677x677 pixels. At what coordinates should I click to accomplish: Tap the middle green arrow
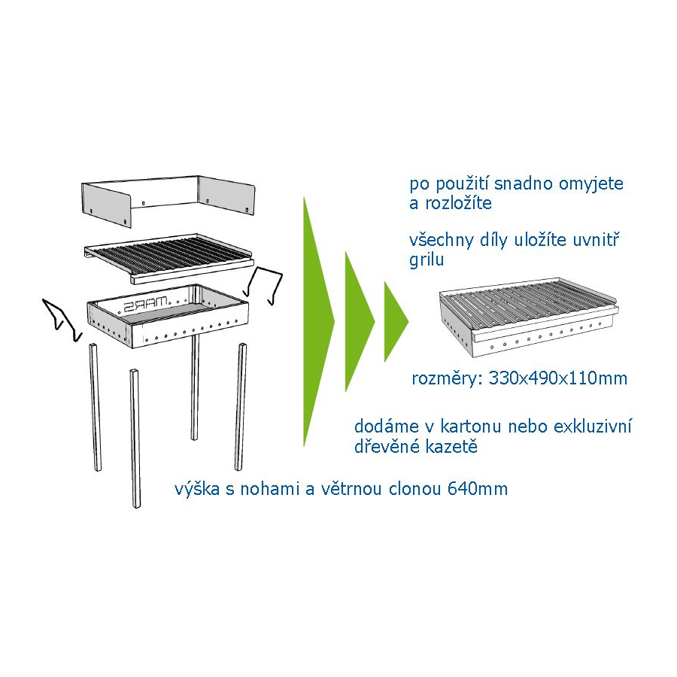click(x=357, y=322)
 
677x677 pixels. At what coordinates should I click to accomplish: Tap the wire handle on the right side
click(x=264, y=285)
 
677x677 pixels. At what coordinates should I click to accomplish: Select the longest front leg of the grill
click(x=135, y=439)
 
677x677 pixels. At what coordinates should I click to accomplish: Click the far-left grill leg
click(x=96, y=407)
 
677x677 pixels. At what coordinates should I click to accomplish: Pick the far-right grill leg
click(x=241, y=407)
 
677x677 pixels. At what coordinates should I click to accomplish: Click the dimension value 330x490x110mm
click(x=558, y=378)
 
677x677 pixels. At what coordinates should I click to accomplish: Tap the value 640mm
click(x=478, y=489)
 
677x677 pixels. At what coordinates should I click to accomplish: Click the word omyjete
click(x=591, y=184)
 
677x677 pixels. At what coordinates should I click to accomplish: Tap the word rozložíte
click(x=459, y=203)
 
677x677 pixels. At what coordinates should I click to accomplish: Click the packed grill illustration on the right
click(x=529, y=317)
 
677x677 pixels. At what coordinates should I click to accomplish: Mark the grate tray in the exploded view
click(x=168, y=258)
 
